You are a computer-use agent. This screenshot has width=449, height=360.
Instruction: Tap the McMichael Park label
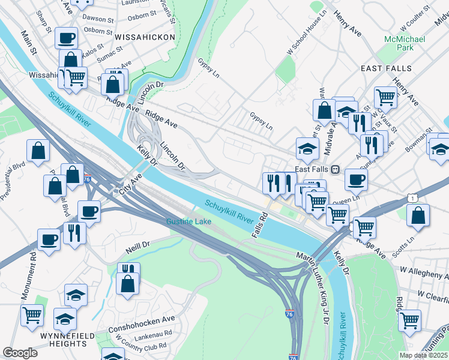pos(400,43)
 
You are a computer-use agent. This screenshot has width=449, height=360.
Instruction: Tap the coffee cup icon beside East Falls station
pos(356,179)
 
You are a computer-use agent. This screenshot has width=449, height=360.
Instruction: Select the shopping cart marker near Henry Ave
pos(385,97)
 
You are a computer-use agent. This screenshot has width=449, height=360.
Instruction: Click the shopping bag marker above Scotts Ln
pos(418,215)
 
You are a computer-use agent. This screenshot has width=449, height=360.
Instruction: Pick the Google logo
pos(20,352)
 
